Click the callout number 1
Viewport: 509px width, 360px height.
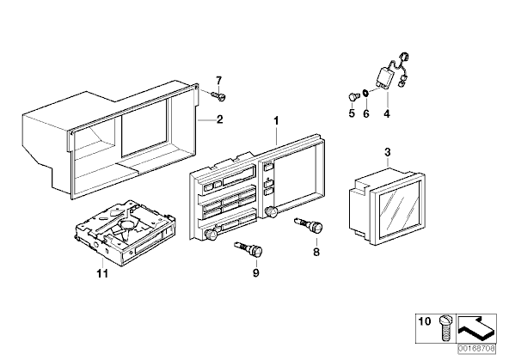pyautogui.click(x=276, y=121)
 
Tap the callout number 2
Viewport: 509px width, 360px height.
pyautogui.click(x=220, y=119)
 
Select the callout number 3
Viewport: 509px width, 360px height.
pyautogui.click(x=387, y=152)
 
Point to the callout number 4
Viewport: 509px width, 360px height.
pyautogui.click(x=387, y=113)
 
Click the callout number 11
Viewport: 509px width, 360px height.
pyautogui.click(x=102, y=274)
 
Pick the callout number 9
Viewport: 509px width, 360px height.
pyautogui.click(x=256, y=273)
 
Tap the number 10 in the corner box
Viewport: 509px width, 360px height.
pyautogui.click(x=424, y=321)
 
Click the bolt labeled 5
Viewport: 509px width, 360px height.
pyautogui.click(x=353, y=96)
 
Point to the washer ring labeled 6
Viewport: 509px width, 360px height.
pyautogui.click(x=365, y=94)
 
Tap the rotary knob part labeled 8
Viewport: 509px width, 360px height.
pyautogui.click(x=309, y=224)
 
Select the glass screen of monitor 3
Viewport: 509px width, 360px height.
pyautogui.click(x=400, y=210)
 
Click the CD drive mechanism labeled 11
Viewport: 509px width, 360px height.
pyautogui.click(x=126, y=233)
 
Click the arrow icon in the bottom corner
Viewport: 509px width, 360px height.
pyautogui.click(x=476, y=328)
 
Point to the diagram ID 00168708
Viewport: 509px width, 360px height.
pyautogui.click(x=477, y=349)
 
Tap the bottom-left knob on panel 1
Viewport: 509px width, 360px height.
pyautogui.click(x=212, y=235)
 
